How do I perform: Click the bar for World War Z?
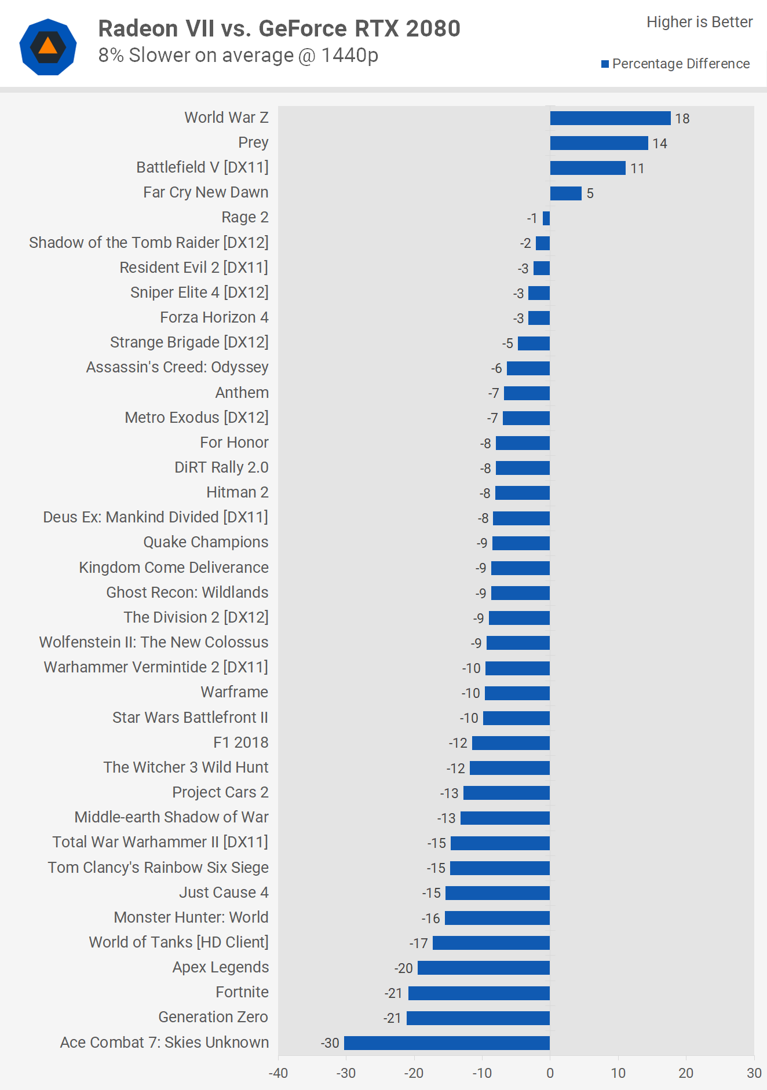[610, 118]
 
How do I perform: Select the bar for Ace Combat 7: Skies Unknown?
[447, 1043]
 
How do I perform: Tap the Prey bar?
[599, 143]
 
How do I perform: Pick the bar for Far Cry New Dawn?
[565, 193]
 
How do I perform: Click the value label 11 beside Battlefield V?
[637, 169]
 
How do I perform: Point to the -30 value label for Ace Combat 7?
[330, 1043]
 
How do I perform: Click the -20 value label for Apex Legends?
[404, 968]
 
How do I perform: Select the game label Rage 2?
[244, 217]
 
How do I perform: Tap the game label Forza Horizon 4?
[214, 317]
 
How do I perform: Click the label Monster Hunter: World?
[191, 917]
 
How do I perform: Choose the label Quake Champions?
[206, 542]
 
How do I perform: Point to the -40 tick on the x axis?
[278, 1073]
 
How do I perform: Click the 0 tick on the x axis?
[550, 1073]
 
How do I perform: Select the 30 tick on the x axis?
[754, 1073]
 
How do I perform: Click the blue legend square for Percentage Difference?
[605, 64]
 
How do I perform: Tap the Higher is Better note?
[699, 22]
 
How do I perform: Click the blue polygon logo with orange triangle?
[48, 47]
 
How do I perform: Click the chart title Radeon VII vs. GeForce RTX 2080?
[279, 28]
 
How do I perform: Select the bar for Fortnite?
[479, 993]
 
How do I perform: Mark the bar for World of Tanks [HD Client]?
[491, 943]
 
